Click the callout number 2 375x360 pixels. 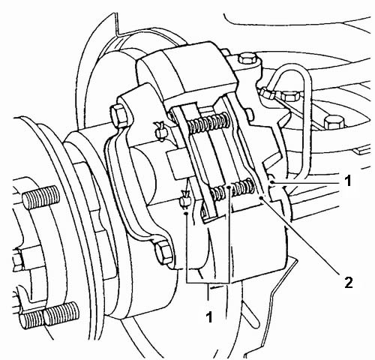[x=349, y=283]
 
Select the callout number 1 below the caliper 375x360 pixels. [x=209, y=317]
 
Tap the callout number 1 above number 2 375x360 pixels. [x=347, y=181]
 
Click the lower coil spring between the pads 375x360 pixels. [x=232, y=189]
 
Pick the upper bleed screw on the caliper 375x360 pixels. [x=160, y=130]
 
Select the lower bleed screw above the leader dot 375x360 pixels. [x=185, y=199]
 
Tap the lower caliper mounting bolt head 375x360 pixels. [x=163, y=253]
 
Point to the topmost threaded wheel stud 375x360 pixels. [x=41, y=198]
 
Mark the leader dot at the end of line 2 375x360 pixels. [x=262, y=198]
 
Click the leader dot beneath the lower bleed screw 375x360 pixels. [x=186, y=213]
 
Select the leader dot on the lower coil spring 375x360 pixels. [x=229, y=187]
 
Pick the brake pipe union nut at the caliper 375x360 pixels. [x=267, y=93]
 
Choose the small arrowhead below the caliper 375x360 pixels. [x=213, y=288]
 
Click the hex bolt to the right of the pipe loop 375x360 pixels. [x=334, y=121]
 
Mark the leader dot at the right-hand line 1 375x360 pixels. [x=272, y=183]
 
